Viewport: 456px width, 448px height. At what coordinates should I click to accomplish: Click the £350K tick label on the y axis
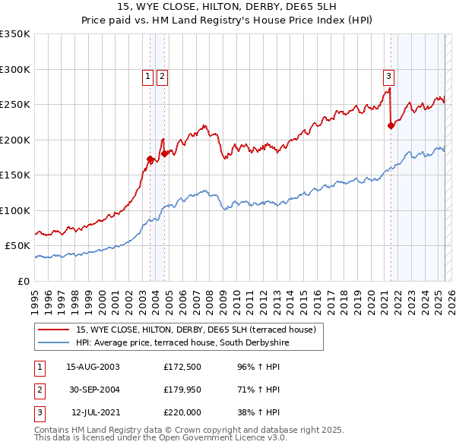(x=15, y=34)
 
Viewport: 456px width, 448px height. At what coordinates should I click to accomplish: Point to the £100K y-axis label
(x=15, y=210)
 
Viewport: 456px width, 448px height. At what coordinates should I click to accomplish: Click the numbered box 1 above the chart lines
(x=147, y=75)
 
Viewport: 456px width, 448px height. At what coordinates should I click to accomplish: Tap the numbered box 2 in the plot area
(x=163, y=75)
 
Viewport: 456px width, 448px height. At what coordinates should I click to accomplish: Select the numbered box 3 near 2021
(x=388, y=75)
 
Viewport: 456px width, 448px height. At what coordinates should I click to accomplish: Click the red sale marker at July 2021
(x=391, y=126)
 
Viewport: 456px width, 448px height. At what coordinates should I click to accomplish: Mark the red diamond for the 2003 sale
(x=150, y=159)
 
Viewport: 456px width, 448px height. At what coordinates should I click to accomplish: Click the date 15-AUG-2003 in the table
(x=93, y=367)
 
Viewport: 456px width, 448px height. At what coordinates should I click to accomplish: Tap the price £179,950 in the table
(x=182, y=390)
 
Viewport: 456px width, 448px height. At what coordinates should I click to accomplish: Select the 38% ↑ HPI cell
(x=260, y=412)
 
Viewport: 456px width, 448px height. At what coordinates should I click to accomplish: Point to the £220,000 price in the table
(x=182, y=412)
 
